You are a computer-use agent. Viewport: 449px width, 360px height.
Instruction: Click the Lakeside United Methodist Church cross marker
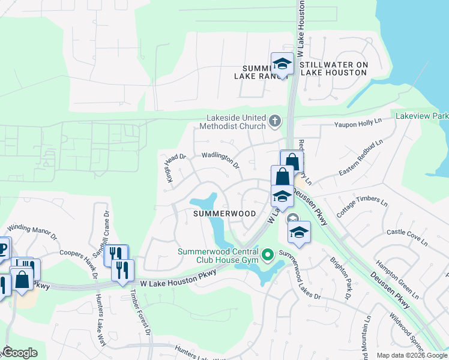275,122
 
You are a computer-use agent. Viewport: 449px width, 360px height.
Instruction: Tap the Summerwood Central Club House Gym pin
268,255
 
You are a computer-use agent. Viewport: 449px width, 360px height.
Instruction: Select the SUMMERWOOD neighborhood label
224,214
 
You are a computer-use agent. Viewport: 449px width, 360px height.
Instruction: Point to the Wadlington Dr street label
220,160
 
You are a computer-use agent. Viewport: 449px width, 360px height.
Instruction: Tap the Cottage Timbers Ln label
358,206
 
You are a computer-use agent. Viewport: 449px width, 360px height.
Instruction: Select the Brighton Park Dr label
339,278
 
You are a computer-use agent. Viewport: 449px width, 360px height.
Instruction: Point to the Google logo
20,353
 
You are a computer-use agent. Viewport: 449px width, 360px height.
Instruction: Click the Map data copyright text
411,355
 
